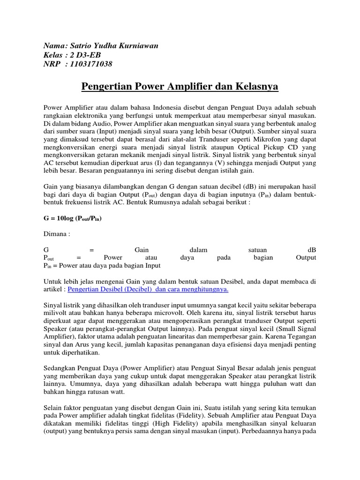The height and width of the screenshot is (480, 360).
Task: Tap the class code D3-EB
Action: [89, 55]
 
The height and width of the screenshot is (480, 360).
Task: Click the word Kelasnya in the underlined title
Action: [253, 87]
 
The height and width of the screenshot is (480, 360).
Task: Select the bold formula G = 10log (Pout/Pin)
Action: [73, 219]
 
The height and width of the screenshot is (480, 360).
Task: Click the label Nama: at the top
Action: [53, 46]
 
